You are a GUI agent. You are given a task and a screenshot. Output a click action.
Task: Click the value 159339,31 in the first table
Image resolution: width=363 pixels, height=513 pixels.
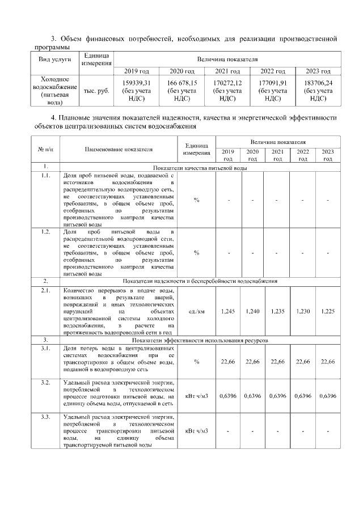point(133,83)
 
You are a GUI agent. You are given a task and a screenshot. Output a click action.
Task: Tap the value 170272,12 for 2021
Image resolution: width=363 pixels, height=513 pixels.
point(227,83)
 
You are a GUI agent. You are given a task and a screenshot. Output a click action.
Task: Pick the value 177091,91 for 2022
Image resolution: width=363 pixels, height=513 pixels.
point(273,83)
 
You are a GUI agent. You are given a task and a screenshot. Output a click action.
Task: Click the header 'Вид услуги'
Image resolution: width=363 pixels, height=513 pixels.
point(54,59)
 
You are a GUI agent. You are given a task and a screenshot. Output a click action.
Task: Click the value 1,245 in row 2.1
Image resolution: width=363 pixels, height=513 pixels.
point(227,311)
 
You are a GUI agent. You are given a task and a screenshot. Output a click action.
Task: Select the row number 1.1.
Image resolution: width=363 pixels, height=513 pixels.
point(45,176)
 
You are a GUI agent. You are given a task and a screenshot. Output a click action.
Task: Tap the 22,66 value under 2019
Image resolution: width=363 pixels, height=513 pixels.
point(227,361)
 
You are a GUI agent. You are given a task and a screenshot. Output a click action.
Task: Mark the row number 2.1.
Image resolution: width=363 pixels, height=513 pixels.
point(45,290)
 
